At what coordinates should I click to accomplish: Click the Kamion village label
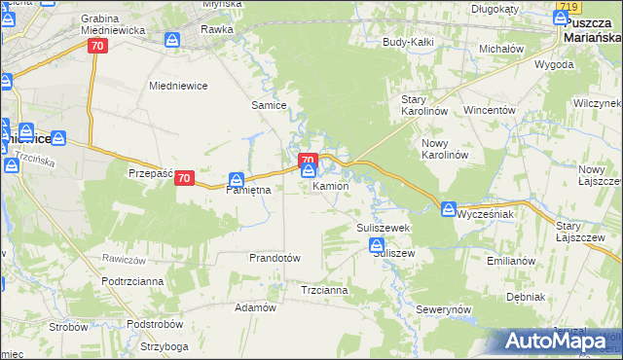tap(331, 186)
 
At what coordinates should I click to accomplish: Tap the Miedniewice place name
tap(178, 86)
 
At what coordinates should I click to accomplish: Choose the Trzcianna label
tap(324, 290)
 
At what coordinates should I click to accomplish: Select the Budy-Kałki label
tap(408, 43)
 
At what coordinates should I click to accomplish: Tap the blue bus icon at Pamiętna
tap(237, 179)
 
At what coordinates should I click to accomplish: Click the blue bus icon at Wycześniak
tap(448, 208)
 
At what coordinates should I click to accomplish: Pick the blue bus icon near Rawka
tap(172, 40)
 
